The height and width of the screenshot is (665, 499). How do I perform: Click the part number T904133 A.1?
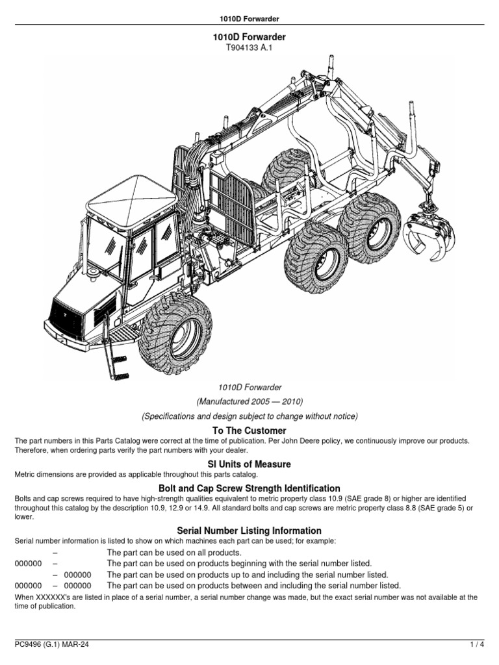click(249, 48)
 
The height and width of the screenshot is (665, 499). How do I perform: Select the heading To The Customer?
click(249, 431)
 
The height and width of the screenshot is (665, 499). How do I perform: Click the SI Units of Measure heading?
click(249, 464)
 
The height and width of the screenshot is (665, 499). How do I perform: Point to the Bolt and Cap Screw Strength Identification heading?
click(249, 488)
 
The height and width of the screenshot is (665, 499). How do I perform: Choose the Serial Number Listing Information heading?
click(249, 531)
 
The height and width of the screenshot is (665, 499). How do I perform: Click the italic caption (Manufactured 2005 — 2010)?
click(249, 401)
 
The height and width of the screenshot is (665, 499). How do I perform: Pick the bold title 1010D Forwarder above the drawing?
click(249, 38)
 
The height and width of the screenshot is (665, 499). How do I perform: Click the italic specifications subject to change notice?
click(249, 416)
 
